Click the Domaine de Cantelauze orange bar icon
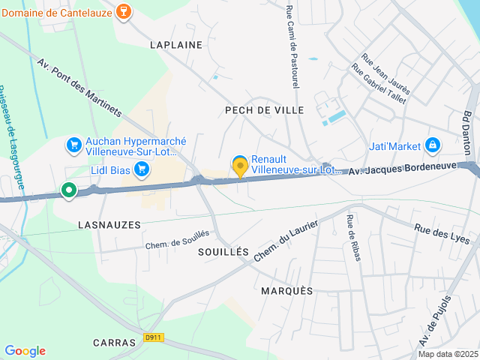pyautogui.click(x=124, y=11)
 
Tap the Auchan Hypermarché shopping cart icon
pyautogui.click(x=73, y=144)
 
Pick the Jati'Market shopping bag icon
pyautogui.click(x=432, y=145)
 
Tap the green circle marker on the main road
pyautogui.click(x=69, y=191)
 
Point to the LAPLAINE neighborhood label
pyautogui.click(x=176, y=45)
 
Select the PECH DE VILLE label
pyautogui.click(x=265, y=110)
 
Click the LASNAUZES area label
pyautogui.click(x=109, y=224)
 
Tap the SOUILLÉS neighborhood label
pyautogui.click(x=223, y=253)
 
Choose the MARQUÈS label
pyautogui.click(x=287, y=290)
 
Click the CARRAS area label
pyautogui.click(x=114, y=343)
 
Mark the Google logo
pyautogui.click(x=25, y=351)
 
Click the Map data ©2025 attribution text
pyautogui.click(x=448, y=354)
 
